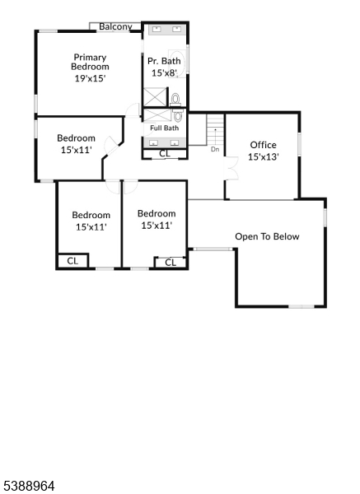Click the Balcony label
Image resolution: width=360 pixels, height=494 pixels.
point(115,27)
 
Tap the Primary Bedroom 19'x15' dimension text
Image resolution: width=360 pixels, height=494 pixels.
point(90,78)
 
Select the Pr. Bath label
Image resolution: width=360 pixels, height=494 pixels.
point(164,61)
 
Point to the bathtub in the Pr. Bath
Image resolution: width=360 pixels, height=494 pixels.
point(176,63)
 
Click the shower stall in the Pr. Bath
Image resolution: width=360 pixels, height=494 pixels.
point(155,97)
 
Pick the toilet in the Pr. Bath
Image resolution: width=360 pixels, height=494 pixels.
point(175,100)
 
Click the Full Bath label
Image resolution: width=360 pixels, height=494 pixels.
point(164,128)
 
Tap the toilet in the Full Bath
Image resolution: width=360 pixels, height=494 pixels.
point(178,115)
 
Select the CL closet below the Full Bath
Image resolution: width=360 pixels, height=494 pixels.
point(165,154)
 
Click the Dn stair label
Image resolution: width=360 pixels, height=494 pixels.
point(215,149)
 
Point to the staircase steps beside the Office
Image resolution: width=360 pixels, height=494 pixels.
point(215,130)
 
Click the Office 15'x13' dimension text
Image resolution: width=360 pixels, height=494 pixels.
point(264,157)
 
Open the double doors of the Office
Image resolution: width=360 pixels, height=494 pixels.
point(231,168)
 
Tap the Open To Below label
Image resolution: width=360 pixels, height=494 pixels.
point(267,236)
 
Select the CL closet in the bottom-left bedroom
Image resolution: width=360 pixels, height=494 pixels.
point(72,261)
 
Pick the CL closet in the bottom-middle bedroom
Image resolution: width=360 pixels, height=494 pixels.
point(171,263)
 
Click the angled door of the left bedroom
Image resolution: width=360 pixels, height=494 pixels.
point(111,146)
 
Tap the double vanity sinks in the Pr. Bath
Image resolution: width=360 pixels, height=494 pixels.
point(166,30)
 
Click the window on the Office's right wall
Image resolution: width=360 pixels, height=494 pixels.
point(299,144)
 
